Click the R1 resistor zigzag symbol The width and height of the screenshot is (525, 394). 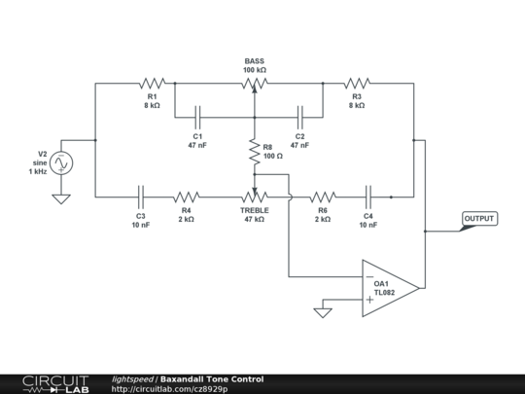(153, 83)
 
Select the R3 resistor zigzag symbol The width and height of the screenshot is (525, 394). (357, 83)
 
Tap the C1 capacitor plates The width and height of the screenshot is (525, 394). (197, 118)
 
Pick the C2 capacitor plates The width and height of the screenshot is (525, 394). (300, 118)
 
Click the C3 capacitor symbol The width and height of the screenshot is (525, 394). (141, 197)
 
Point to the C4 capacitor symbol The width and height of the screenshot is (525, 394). (368, 197)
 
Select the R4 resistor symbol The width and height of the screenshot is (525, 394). (186, 197)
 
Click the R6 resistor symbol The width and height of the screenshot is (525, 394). (323, 197)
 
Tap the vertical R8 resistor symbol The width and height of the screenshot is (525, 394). (255, 153)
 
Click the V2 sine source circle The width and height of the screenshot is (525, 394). (61, 162)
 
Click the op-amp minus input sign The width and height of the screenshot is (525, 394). (370, 276)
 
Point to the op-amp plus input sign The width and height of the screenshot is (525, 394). (369, 300)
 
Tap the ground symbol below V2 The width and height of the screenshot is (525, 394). (61, 199)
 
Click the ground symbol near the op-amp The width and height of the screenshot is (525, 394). (323, 313)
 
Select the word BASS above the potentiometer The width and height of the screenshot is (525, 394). (255, 61)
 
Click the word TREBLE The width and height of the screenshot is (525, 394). (255, 210)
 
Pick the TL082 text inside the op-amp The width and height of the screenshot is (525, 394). (384, 293)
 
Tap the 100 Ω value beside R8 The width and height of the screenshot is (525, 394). (273, 156)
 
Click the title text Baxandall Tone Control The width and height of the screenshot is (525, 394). (212, 379)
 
